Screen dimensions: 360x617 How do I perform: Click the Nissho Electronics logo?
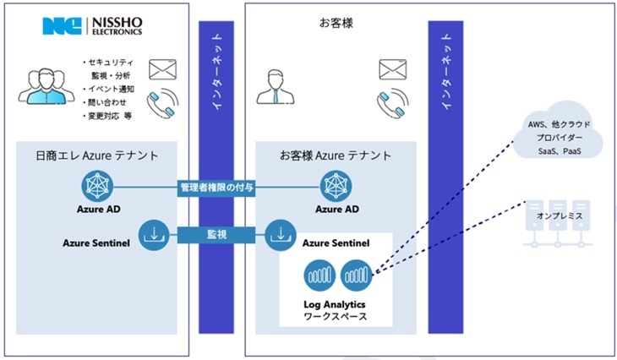[x=92, y=26]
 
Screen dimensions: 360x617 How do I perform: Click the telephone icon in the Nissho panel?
[x=163, y=104]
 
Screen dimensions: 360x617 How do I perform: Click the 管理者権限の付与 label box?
[x=216, y=186]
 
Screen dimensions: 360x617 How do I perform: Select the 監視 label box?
[x=216, y=235]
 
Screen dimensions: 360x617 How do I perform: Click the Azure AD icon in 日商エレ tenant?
[x=96, y=185]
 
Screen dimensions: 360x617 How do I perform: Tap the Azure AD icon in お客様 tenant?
[x=335, y=185]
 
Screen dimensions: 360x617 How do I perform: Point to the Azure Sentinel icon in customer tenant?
[x=280, y=234]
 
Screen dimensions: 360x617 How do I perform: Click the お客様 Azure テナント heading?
[x=335, y=155]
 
